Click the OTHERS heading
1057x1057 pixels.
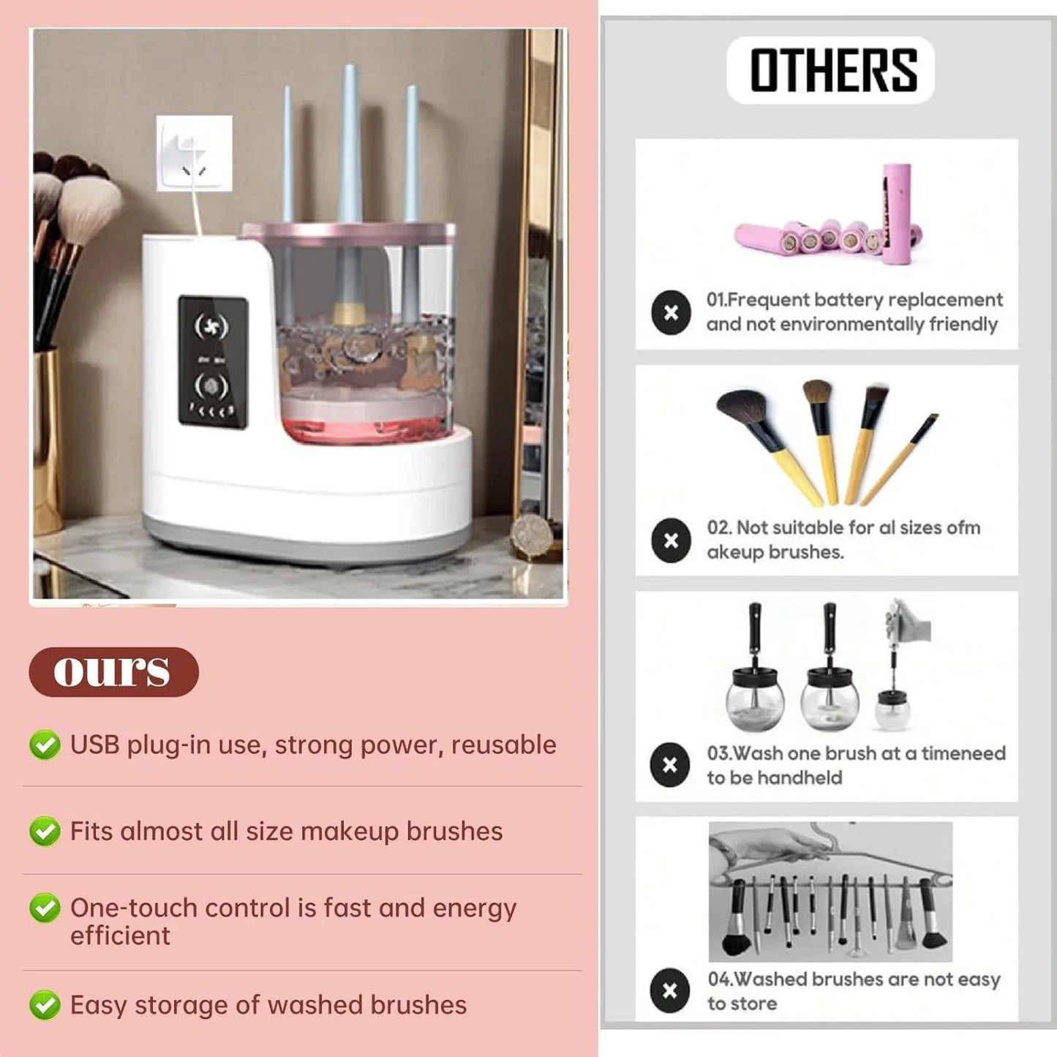pyautogui.click(x=832, y=70)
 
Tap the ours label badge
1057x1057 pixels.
pyautogui.click(x=113, y=672)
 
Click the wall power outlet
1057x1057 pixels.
pyautogui.click(x=195, y=154)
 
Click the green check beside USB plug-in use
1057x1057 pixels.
pyautogui.click(x=45, y=745)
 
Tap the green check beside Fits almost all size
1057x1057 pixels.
pyautogui.click(x=45, y=832)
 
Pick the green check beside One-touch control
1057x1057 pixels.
pyautogui.click(x=45, y=909)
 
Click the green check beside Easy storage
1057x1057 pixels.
pyautogui.click(x=45, y=1005)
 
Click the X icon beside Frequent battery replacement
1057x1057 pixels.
pyautogui.click(x=671, y=313)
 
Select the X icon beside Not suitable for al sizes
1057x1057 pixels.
pyautogui.click(x=671, y=541)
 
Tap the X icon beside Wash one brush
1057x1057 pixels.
pyautogui.click(x=670, y=765)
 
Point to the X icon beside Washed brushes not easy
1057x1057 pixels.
pyautogui.click(x=670, y=990)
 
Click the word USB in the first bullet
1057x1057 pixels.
pyautogui.click(x=94, y=745)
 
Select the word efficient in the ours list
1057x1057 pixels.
pyautogui.click(x=120, y=936)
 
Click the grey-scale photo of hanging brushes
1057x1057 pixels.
pyautogui.click(x=830, y=891)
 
